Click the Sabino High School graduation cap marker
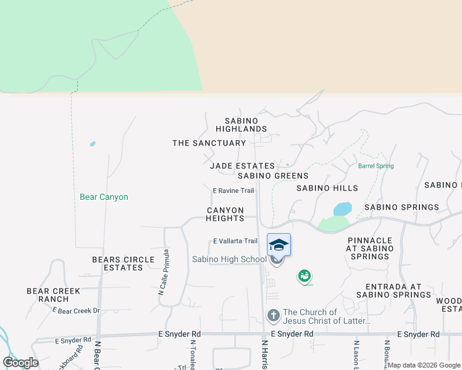coord(279,245)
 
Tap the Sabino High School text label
coord(229,260)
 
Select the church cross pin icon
coord(274,316)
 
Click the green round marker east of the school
coord(304,276)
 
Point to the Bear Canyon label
coord(104,197)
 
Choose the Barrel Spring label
coord(376,166)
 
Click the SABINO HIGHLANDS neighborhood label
coord(241,125)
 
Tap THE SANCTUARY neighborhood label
coord(209,143)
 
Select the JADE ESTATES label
coord(242,166)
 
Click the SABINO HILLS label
coord(327,188)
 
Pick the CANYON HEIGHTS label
coord(225,214)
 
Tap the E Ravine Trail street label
coord(233,191)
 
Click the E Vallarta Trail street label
coord(235,241)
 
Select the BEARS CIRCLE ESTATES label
coord(117,263)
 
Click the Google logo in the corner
coord(20,363)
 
